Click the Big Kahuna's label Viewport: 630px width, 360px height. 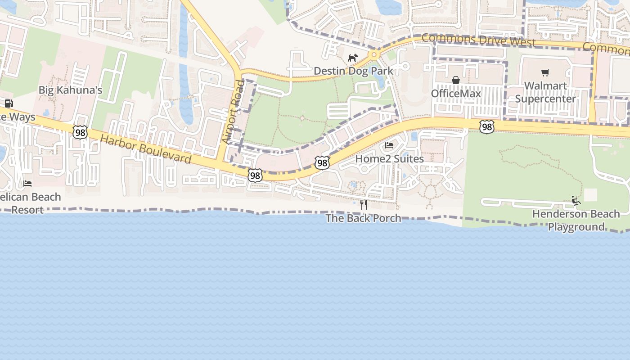pyautogui.click(x=70, y=90)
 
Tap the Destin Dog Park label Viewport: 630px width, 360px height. pyautogui.click(x=353, y=71)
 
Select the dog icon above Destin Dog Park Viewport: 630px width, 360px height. pyautogui.click(x=353, y=58)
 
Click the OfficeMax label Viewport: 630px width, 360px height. pyautogui.click(x=456, y=93)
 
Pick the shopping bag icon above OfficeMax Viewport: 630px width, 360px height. pyautogui.click(x=456, y=80)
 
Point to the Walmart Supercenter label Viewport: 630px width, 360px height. pyautogui.click(x=545, y=92)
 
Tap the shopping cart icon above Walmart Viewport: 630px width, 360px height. pyautogui.click(x=545, y=72)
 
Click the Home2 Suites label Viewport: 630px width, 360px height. pyautogui.click(x=389, y=159)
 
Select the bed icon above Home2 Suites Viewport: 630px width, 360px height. pyautogui.click(x=389, y=145)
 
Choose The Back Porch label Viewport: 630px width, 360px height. pyautogui.click(x=363, y=218)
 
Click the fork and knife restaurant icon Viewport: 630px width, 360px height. pyautogui.click(x=364, y=205)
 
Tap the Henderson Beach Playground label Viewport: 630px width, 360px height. pyautogui.click(x=576, y=220)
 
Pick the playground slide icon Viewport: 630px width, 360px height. pyautogui.click(x=576, y=201)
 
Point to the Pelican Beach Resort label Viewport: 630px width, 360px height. pyautogui.click(x=30, y=203)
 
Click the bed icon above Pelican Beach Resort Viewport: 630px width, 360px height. pyautogui.click(x=27, y=184)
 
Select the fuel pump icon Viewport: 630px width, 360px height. pyautogui.click(x=9, y=103)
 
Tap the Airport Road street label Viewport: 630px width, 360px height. pyautogui.click(x=232, y=112)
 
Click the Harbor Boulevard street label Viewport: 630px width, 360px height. pyautogui.click(x=146, y=149)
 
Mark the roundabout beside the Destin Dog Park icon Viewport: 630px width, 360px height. pyautogui.click(x=373, y=55)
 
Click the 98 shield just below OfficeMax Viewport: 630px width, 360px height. pyautogui.click(x=486, y=127)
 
